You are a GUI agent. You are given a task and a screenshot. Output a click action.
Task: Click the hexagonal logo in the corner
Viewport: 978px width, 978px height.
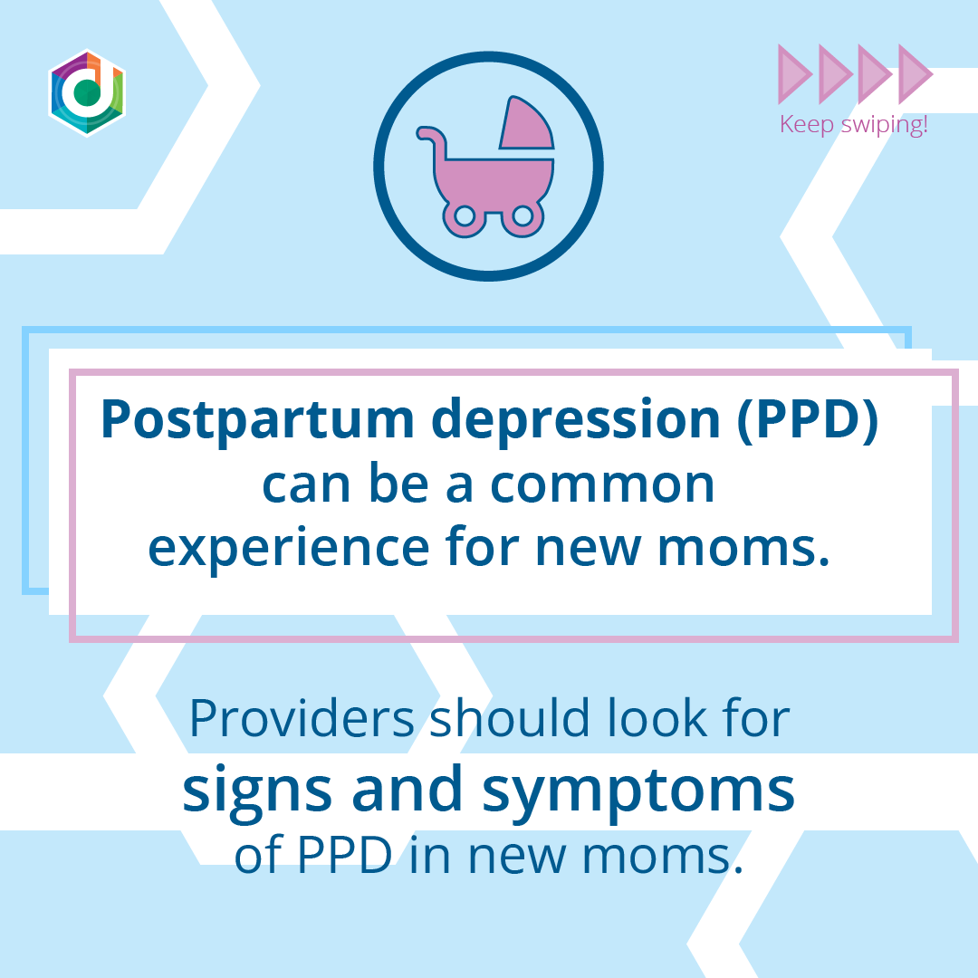point(87,92)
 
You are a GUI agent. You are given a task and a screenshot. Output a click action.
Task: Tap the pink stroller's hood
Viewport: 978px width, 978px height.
point(525,125)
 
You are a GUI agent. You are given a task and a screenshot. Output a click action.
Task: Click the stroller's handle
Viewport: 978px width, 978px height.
point(432,138)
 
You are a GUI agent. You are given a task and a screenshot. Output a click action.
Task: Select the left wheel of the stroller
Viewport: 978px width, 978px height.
point(465,216)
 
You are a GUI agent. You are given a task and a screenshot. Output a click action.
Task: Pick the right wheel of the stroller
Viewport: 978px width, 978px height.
point(522,216)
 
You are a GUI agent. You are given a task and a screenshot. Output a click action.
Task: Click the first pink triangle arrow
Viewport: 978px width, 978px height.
point(795,73)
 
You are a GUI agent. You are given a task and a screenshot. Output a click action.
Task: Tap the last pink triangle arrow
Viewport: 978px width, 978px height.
point(914,73)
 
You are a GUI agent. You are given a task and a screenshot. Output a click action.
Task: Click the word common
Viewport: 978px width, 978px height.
point(602,485)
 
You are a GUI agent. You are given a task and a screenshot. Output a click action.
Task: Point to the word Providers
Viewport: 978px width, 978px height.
point(302,717)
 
